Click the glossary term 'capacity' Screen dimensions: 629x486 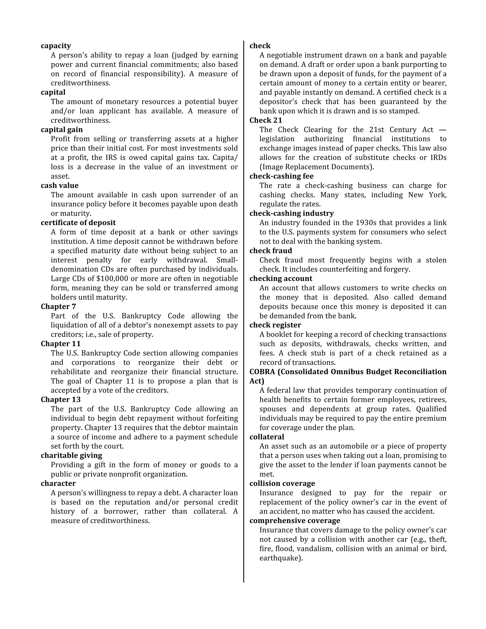(x=56, y=46)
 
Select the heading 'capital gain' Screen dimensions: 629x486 (x=62, y=130)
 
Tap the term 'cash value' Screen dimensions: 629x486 (x=60, y=185)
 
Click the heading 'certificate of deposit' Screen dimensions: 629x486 (x=78, y=223)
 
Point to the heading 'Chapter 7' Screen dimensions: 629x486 (x=58, y=306)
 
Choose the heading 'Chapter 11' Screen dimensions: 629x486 (x=61, y=344)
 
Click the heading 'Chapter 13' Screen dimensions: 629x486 (x=61, y=399)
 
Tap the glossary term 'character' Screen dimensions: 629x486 (x=58, y=483)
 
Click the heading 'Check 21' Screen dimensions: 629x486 (x=266, y=120)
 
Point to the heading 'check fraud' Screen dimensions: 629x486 (x=271, y=251)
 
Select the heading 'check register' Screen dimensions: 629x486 (x=275, y=325)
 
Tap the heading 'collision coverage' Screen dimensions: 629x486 (x=282, y=483)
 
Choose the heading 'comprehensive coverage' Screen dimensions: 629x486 (x=294, y=521)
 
